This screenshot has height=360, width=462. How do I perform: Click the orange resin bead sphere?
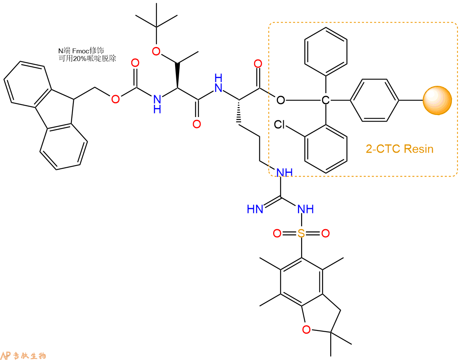pyautogui.click(x=437, y=100)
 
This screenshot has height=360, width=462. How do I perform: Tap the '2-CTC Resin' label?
pyautogui.click(x=400, y=149)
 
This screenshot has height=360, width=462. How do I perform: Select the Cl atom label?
pyautogui.click(x=280, y=124)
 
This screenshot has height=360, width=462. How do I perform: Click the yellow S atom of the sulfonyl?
pyautogui.click(x=301, y=233)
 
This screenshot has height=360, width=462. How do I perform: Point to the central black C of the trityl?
pyautogui.click(x=325, y=100)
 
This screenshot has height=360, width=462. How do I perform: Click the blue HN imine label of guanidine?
pyautogui.click(x=255, y=209)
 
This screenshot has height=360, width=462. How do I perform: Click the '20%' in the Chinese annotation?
pyautogui.click(x=79, y=58)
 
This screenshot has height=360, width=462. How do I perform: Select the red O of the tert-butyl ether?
pyautogui.click(x=156, y=51)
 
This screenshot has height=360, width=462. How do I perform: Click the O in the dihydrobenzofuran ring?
pyautogui.click(x=306, y=329)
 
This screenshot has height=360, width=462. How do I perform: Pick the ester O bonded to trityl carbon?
pyautogui.click(x=281, y=100)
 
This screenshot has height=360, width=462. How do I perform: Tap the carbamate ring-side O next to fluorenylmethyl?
pyautogui.click(x=115, y=99)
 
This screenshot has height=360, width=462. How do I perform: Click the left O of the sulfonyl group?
pyautogui.click(x=277, y=233)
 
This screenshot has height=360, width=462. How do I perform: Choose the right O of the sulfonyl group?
pyautogui.click(x=325, y=233)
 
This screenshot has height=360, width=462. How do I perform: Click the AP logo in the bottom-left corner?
pyautogui.click(x=6, y=355)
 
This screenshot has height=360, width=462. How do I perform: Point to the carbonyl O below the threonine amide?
pyautogui.click(x=197, y=124)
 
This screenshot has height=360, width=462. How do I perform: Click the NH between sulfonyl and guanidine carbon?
pyautogui.click(x=306, y=209)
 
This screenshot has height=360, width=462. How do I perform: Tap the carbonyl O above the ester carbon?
pyautogui.click(x=258, y=64)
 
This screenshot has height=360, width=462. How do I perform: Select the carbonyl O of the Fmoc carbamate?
pyautogui.click(x=135, y=63)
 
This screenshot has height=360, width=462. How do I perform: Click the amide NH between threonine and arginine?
pyautogui.click(x=218, y=83)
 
